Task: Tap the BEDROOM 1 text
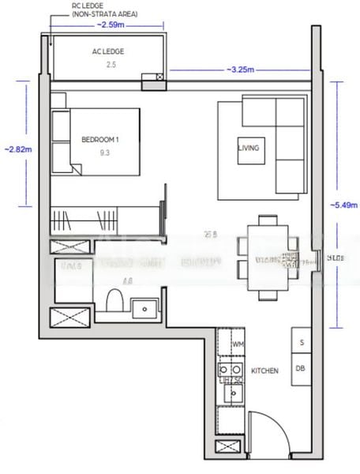pos(99,140)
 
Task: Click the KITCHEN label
pos(264,369)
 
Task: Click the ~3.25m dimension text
pos(240,70)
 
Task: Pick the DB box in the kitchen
pos(301,368)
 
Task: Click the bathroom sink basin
pos(144,306)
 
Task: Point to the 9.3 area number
pos(105,155)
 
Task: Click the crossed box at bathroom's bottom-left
pos(63,320)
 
